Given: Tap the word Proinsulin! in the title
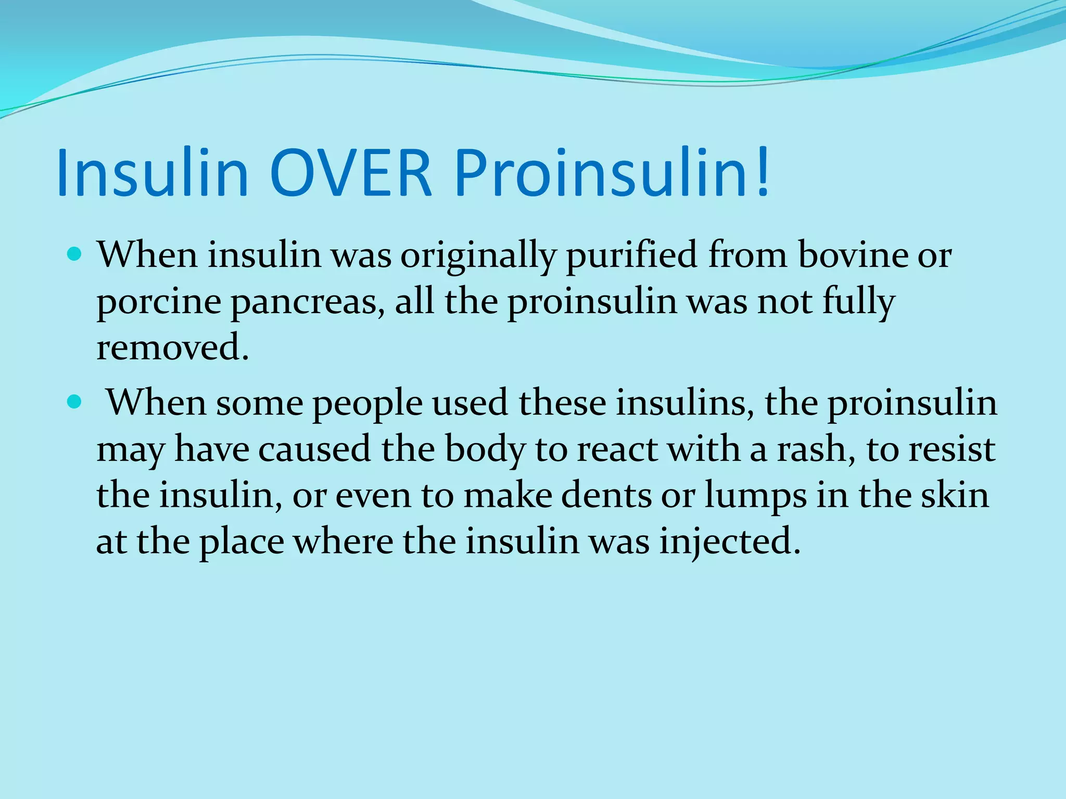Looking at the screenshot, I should [612, 173].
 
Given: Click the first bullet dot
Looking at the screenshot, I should [75, 255].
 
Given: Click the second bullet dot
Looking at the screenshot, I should [75, 402].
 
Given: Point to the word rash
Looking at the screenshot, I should [816, 449].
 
